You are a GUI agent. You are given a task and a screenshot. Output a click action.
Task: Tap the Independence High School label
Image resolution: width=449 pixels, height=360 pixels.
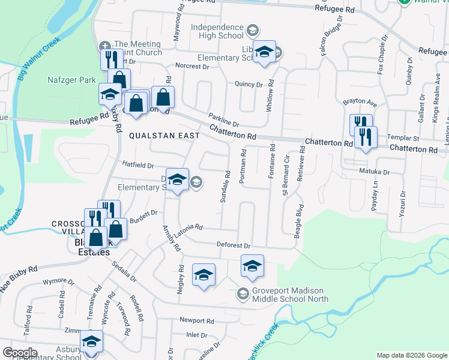point(218,31)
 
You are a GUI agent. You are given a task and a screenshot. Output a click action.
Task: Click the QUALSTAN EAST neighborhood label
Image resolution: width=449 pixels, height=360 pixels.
point(164,136)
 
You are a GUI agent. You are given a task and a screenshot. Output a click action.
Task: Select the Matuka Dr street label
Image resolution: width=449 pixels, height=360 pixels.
point(379,172)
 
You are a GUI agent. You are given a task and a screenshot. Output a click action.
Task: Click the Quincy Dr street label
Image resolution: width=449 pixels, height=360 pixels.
point(249,85)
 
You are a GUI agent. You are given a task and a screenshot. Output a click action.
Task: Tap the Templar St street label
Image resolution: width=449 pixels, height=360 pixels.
point(403,137)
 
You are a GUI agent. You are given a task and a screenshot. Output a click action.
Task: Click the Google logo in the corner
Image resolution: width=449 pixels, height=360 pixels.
point(20,353)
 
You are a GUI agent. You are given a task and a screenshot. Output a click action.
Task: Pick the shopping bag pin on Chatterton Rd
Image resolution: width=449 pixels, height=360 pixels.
point(163,96)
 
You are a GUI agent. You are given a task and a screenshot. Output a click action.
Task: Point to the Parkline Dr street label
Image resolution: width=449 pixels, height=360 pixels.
point(224,120)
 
